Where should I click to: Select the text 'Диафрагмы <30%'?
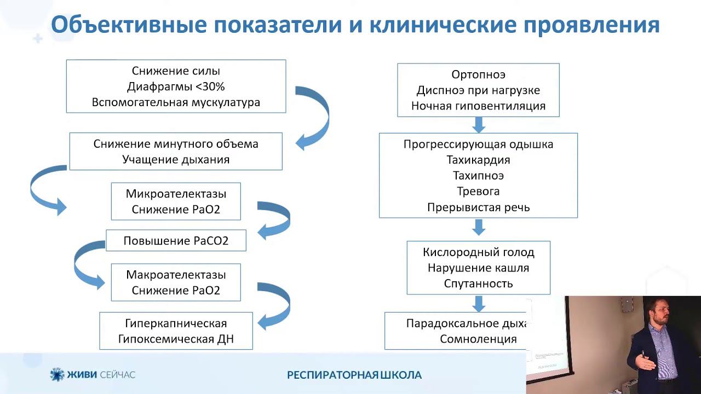pyautogui.click(x=176, y=86)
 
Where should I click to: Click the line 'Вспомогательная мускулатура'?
pyautogui.click(x=176, y=102)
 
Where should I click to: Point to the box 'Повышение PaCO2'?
pyautogui.click(x=176, y=241)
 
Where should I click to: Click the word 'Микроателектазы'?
pyautogui.click(x=176, y=194)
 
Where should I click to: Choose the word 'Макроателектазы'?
pyautogui.click(x=176, y=275)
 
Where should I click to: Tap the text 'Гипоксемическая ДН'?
pyautogui.click(x=176, y=339)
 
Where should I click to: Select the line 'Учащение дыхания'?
pyautogui.click(x=176, y=160)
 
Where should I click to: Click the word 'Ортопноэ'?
pyautogui.click(x=478, y=74)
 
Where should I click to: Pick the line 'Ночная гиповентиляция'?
pyautogui.click(x=478, y=106)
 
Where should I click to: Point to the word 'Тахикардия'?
pyautogui.click(x=478, y=160)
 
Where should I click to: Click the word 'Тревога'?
pyautogui.click(x=478, y=192)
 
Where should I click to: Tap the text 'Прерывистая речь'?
pyautogui.click(x=478, y=207)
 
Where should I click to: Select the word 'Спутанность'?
pyautogui.click(x=478, y=283)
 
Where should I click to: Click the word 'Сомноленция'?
pyautogui.click(x=478, y=339)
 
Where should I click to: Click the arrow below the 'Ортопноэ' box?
pyautogui.click(x=479, y=125)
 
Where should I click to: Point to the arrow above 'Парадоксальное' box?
pyautogui.click(x=479, y=304)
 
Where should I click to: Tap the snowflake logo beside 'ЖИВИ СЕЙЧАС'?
pyautogui.click(x=57, y=374)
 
